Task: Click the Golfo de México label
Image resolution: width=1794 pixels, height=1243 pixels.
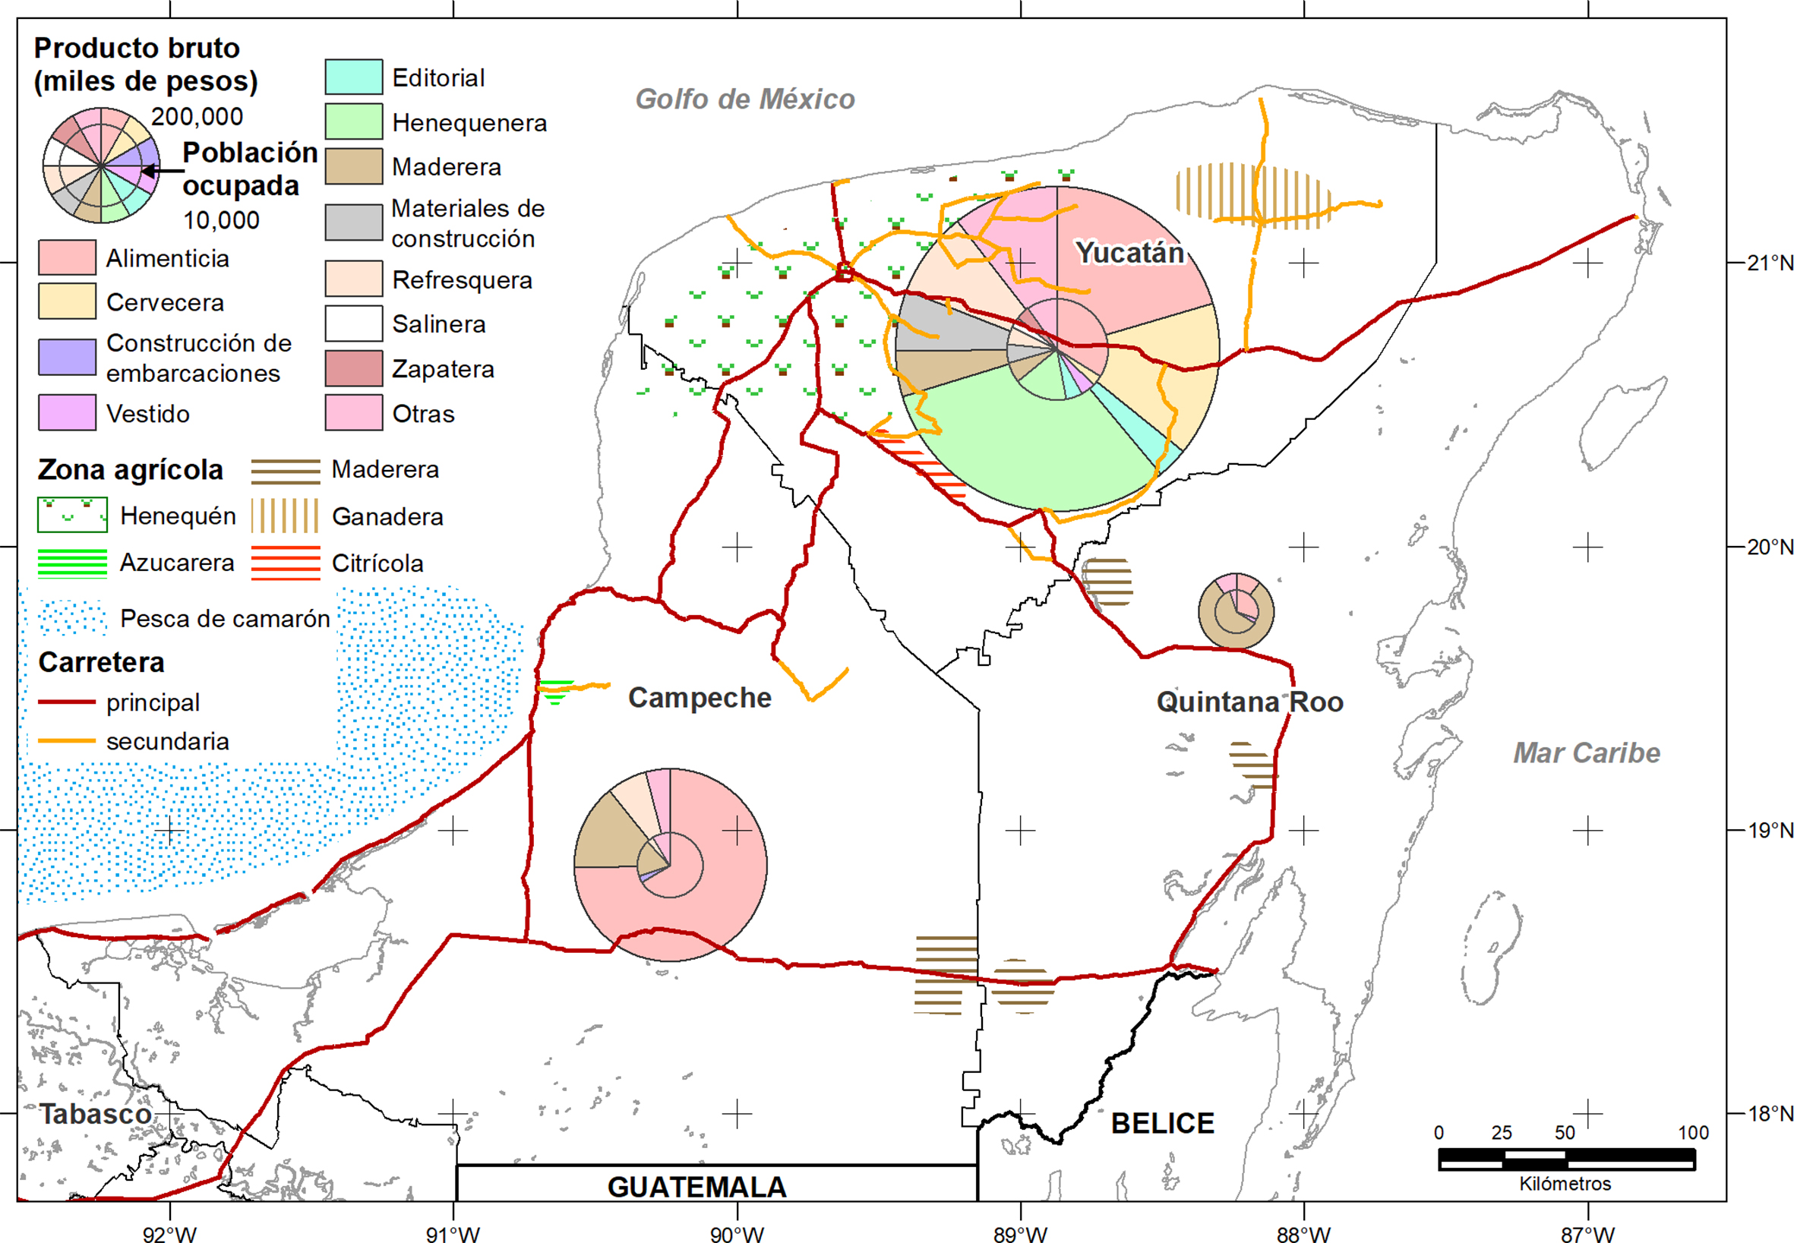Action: point(744,99)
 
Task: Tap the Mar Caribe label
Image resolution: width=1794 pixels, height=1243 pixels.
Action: point(1586,753)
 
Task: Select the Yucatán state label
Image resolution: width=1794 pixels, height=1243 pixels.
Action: point(1129,253)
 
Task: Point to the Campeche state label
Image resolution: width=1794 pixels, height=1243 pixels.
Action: point(700,698)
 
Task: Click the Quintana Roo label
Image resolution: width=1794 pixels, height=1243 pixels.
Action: point(1249,702)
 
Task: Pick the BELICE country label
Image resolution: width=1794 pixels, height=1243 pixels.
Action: point(1162,1124)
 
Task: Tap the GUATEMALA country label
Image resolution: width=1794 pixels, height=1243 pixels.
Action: point(696,1187)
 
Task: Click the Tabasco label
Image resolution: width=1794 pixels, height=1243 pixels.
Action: point(96,1115)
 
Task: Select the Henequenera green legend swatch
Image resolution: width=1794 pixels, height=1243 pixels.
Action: point(354,121)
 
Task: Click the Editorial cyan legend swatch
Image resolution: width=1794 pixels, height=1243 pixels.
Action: point(354,77)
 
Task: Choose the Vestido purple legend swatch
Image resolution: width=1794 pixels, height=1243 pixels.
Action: point(67,413)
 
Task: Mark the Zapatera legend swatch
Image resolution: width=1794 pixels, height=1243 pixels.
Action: point(354,368)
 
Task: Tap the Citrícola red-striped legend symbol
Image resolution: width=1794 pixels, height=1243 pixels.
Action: point(285,563)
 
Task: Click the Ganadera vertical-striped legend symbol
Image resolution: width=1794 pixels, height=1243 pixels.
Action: point(285,516)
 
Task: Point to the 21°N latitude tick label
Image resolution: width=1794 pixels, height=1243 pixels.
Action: point(1769,263)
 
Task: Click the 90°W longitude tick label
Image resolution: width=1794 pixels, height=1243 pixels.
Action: point(736,1234)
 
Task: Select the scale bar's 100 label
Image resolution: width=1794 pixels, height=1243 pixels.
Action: point(1693,1133)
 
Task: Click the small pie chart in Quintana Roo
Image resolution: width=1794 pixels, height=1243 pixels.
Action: point(1236,611)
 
